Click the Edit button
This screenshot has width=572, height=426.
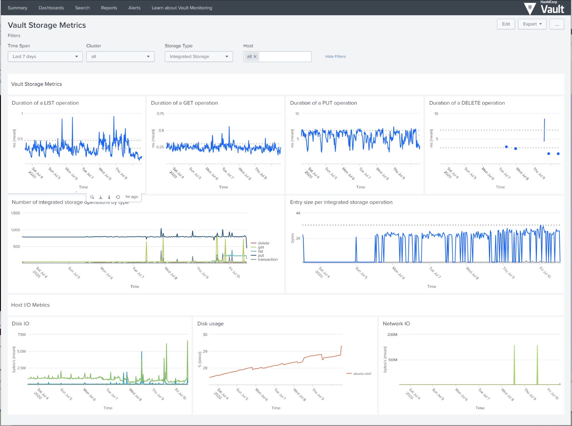coord(506,24)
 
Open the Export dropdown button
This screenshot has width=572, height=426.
coord(532,24)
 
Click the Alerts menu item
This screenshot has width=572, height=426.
coord(134,8)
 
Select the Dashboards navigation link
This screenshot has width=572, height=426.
coord(51,8)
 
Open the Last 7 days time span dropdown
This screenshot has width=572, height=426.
coord(45,57)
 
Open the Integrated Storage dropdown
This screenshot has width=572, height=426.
coord(199,57)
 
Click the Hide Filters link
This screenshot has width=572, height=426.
coord(335,57)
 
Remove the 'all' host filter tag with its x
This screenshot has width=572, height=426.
coord(255,57)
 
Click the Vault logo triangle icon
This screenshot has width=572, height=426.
coord(530,8)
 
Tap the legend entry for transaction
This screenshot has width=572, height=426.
coord(267,259)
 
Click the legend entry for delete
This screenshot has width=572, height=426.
coord(263,243)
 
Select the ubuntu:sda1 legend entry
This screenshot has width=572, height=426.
coord(362,374)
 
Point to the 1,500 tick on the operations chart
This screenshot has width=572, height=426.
coord(15,213)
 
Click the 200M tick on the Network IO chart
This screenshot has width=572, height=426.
coord(392,335)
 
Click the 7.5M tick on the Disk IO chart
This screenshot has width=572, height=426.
coord(21,335)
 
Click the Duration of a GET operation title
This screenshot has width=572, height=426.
coord(184,103)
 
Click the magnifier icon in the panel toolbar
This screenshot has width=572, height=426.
coord(92,197)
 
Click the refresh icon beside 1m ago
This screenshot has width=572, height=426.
coord(118,197)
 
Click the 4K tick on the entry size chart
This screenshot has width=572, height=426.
coord(298,213)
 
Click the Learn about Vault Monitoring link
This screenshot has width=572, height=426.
coord(182,8)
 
